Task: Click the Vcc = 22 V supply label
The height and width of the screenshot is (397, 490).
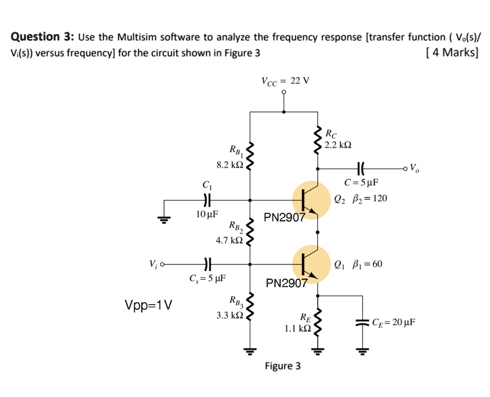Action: point(285,80)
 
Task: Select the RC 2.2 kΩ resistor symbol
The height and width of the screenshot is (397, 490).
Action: point(317,140)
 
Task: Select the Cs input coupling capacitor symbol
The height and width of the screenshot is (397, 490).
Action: point(207,264)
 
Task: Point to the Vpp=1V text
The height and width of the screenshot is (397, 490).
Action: point(149,304)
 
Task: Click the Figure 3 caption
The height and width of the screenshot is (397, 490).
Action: point(283,366)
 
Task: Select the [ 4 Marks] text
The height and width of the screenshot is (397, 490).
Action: point(451,52)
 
